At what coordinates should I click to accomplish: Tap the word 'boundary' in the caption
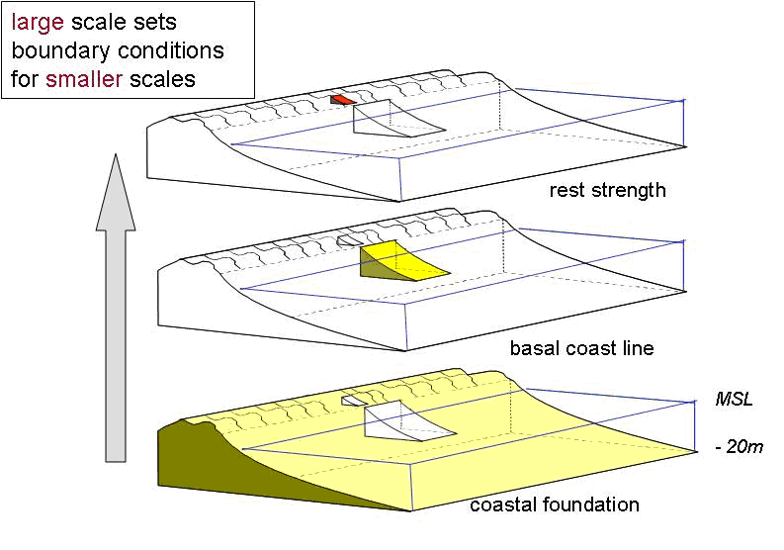pyautogui.click(x=56, y=49)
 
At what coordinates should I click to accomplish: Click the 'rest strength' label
pyautogui.click(x=607, y=190)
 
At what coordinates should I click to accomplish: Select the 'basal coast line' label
pyautogui.click(x=580, y=348)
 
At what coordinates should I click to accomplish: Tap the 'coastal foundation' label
pyautogui.click(x=554, y=504)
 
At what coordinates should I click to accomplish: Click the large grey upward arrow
pyautogui.click(x=116, y=307)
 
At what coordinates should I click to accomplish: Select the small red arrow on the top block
pyautogui.click(x=343, y=100)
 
